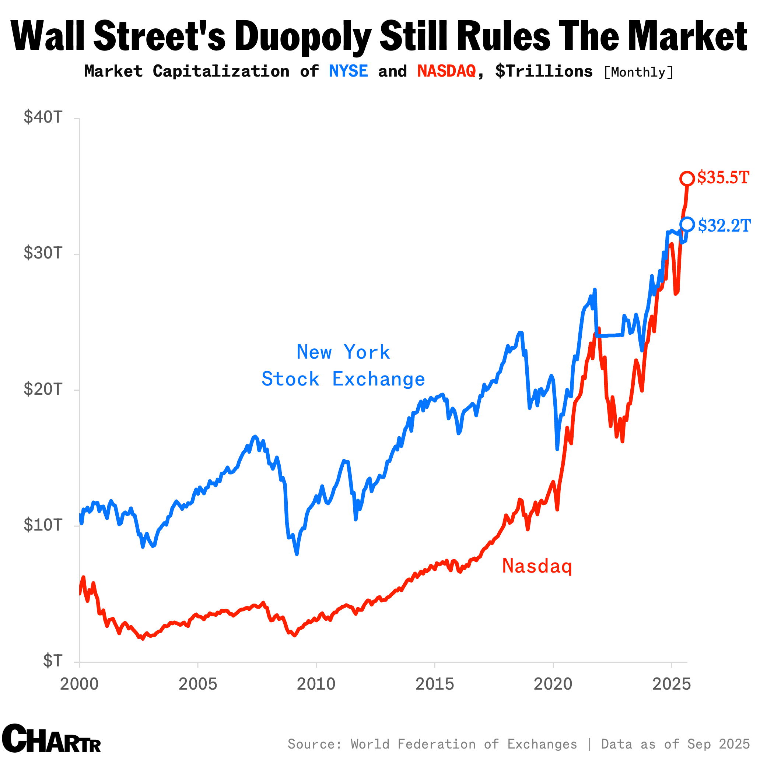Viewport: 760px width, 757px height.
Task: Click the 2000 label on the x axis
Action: coord(79,684)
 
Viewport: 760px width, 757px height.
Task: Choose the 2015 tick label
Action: coord(435,684)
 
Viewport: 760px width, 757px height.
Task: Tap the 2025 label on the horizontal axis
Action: coord(671,684)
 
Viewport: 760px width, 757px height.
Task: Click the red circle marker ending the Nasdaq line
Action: coord(687,179)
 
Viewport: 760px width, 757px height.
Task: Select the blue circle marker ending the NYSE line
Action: coord(687,224)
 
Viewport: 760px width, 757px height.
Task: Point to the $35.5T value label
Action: coord(723,178)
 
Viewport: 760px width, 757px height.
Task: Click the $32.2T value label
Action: coord(724,226)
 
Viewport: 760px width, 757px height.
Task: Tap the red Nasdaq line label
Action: coord(537,566)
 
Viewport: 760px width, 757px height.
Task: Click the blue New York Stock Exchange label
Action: coord(343,365)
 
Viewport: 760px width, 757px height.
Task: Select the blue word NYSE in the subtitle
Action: coord(348,71)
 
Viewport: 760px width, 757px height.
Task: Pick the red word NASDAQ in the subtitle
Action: coord(446,71)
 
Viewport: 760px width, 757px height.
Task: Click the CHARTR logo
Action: coord(51,738)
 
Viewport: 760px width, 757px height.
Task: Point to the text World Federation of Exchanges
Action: coord(464,744)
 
